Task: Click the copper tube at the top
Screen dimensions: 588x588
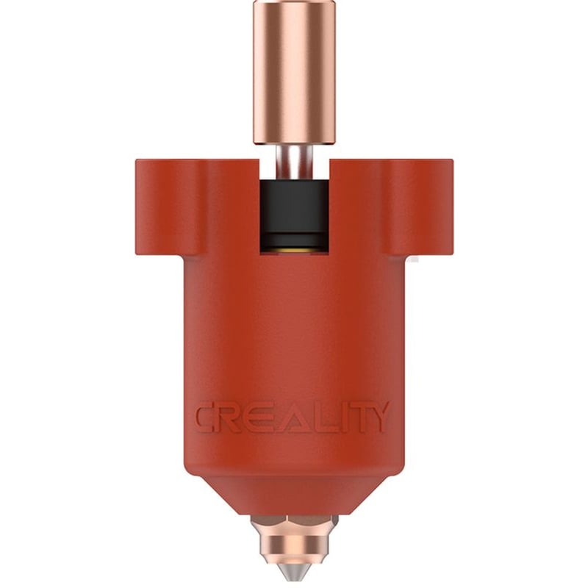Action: [x=295, y=73]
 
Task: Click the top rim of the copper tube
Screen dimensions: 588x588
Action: [x=295, y=4]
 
